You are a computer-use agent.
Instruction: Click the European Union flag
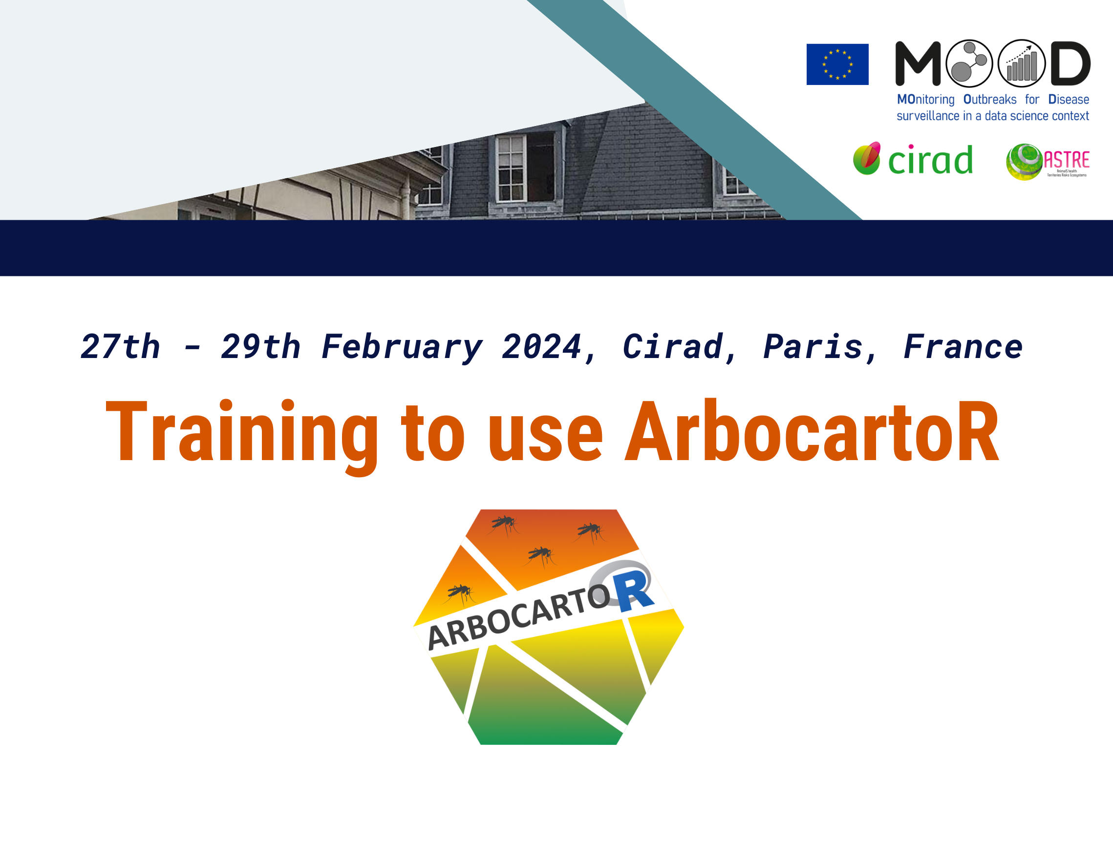tap(837, 64)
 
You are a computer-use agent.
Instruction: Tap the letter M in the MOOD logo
tap(918, 64)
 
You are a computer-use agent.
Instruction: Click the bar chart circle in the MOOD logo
tap(1022, 63)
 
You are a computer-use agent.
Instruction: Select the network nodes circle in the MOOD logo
tap(969, 63)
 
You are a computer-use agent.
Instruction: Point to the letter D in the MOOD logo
tap(1070, 64)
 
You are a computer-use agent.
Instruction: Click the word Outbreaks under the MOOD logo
tap(990, 100)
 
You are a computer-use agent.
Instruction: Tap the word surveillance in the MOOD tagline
tap(928, 116)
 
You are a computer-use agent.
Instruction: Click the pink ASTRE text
tap(1067, 160)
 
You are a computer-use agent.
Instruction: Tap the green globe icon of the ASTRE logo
tap(1024, 162)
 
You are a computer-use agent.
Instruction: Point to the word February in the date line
tap(402, 347)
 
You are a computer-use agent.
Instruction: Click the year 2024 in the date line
tap(542, 347)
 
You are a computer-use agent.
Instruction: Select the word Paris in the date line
tap(813, 347)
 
